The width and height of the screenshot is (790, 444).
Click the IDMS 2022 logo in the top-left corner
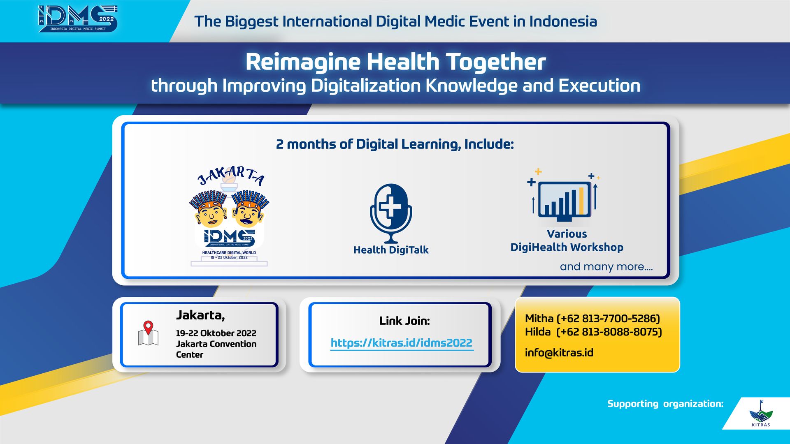[x=78, y=19]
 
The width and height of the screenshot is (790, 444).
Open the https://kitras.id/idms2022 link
[x=402, y=343]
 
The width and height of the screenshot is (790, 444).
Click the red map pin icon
[x=148, y=328]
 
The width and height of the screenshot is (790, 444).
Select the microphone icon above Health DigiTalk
[x=391, y=213]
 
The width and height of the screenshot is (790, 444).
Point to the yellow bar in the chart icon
[x=581, y=201]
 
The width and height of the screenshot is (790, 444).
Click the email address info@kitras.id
[x=559, y=352]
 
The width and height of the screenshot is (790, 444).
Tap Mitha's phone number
[x=608, y=319]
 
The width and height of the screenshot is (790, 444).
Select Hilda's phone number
[x=609, y=332]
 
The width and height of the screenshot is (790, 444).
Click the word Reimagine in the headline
[x=303, y=62]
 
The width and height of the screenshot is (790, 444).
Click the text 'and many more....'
[x=606, y=266]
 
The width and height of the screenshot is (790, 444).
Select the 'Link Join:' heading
[x=404, y=321]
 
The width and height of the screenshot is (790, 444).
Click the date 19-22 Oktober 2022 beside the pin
[x=216, y=333]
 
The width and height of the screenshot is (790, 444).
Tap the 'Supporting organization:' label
[x=665, y=404]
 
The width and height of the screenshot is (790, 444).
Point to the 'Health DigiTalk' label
[x=391, y=250]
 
